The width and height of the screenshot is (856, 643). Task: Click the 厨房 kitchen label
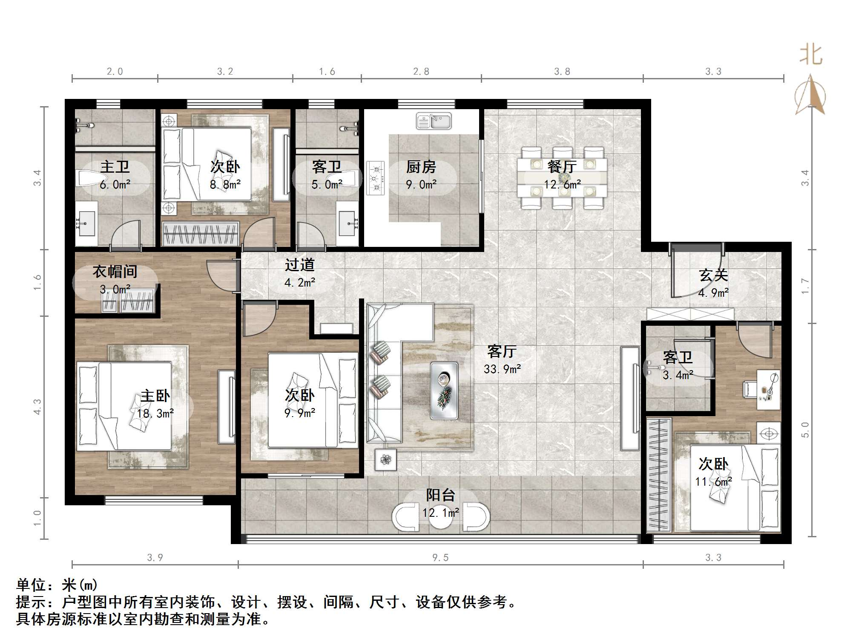tap(421, 167)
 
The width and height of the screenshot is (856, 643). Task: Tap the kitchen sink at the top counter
tap(434, 121)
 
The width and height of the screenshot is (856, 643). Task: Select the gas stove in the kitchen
tap(375, 178)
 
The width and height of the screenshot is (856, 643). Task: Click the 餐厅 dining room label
tap(562, 167)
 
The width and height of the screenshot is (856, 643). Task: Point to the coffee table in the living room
tap(444, 391)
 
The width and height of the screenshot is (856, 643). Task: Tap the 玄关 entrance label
tap(713, 275)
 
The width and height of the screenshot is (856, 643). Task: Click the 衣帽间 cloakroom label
tap(115, 271)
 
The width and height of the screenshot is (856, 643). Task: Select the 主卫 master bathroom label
tap(115, 167)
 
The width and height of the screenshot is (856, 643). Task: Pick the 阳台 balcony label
tap(441, 495)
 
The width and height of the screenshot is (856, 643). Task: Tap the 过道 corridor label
tap(300, 265)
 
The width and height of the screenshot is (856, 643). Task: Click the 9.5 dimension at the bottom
tap(440, 558)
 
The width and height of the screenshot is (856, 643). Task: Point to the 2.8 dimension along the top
tap(421, 72)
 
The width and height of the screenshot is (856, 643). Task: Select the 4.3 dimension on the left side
tap(37, 406)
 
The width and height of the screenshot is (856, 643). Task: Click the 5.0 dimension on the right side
tap(805, 429)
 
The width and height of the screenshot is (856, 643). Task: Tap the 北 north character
tap(811, 55)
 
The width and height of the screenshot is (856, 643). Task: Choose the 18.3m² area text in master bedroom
tap(155, 413)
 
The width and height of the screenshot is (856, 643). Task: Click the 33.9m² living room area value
tap(502, 369)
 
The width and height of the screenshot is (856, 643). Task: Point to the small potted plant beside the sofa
tap(386, 460)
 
